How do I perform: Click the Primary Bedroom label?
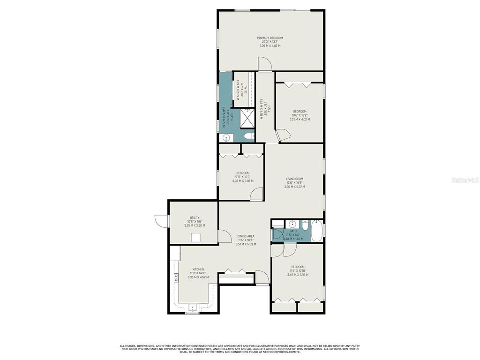(x=270, y=38)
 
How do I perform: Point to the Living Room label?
(x=294, y=179)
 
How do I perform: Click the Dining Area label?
(x=246, y=236)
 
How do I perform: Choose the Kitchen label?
(x=198, y=270)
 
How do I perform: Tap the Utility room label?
(x=195, y=217)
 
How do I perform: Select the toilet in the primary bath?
(x=249, y=136)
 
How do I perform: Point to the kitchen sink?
(x=192, y=307)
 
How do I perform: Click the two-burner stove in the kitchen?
(x=177, y=277)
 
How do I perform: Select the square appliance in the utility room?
(x=195, y=237)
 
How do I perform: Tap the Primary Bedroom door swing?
(x=263, y=64)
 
